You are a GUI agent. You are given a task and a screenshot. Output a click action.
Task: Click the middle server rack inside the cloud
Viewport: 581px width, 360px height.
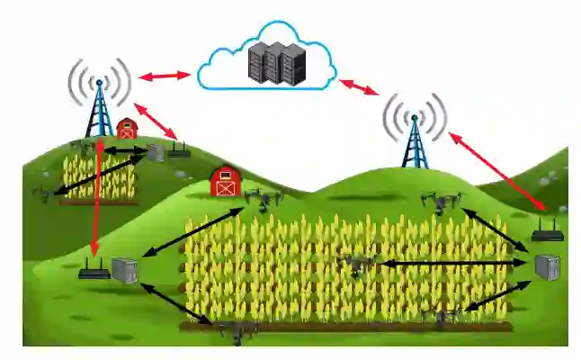[x=273, y=64]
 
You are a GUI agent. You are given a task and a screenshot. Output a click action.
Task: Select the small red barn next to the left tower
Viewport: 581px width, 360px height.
[x=127, y=129]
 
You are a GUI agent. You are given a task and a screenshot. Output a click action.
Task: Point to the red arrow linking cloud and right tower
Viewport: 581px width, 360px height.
[x=358, y=86]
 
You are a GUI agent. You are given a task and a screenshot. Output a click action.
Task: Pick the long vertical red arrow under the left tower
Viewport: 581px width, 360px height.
[x=97, y=198]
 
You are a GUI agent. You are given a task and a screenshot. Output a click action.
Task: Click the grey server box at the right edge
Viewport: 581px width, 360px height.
[x=547, y=267]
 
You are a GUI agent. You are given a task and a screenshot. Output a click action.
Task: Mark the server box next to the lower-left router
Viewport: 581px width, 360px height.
[x=124, y=269]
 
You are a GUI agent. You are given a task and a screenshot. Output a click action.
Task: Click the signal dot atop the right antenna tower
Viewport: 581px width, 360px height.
[x=415, y=117]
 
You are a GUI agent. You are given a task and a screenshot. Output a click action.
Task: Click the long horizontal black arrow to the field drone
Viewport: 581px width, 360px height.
[x=450, y=263]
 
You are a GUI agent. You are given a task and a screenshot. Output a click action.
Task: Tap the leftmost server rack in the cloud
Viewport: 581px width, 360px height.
[x=255, y=64]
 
